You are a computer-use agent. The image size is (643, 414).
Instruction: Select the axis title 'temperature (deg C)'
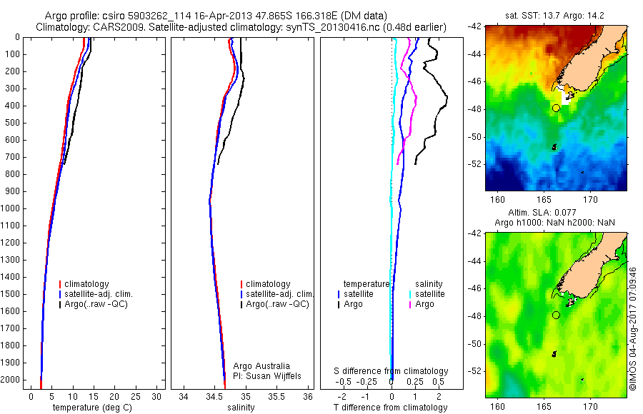(93, 408)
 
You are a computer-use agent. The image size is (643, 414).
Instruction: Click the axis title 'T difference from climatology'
(391, 408)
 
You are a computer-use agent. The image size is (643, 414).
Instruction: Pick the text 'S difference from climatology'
(392, 371)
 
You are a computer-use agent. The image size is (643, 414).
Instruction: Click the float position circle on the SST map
(556, 108)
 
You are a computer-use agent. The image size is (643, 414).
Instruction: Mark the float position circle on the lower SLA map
(556, 315)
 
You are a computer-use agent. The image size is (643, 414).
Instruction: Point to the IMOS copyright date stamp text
(632, 329)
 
